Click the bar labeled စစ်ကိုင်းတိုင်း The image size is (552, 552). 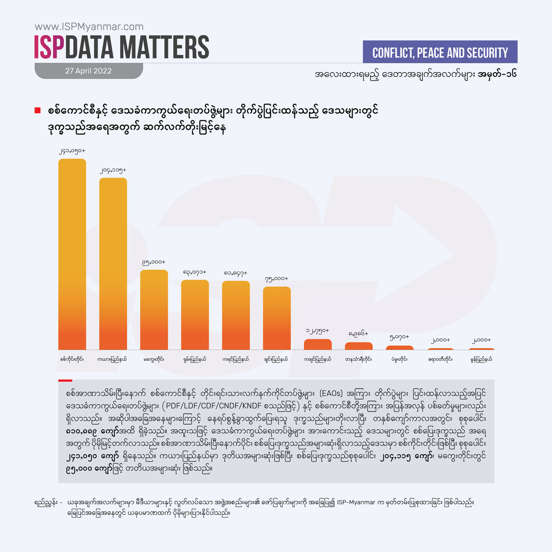pyautogui.click(x=72, y=254)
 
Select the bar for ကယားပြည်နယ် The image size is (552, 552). pyautogui.click(x=113, y=264)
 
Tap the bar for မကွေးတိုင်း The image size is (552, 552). pyautogui.click(x=154, y=309)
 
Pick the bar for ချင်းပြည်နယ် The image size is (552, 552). pyautogui.click(x=276, y=318)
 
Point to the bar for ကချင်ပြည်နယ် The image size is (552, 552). pyautogui.click(x=317, y=344)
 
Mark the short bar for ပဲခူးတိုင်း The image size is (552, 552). pyautogui.click(x=399, y=348)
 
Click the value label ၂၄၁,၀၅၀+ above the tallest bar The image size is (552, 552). pyautogui.click(x=72, y=150)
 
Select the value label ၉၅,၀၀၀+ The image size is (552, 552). pyautogui.click(x=154, y=262)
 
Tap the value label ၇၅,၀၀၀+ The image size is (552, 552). pyautogui.click(x=276, y=278)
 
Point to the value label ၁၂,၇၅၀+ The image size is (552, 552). pyautogui.click(x=317, y=331)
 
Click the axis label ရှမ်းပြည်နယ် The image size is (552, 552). pyautogui.click(x=194, y=359)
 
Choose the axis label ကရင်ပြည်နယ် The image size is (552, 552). pyautogui.click(x=236, y=359)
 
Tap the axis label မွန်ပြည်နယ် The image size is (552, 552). pyautogui.click(x=481, y=359)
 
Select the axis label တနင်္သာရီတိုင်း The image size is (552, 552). pyautogui.click(x=359, y=359)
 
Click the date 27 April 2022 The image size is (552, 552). pyautogui.click(x=89, y=71)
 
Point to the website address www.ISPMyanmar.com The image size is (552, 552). pyautogui.click(x=89, y=27)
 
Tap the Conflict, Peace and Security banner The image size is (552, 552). pyautogui.click(x=440, y=52)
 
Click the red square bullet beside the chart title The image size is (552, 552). pyautogui.click(x=37, y=110)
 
